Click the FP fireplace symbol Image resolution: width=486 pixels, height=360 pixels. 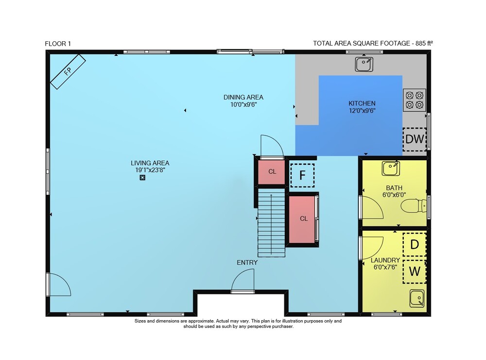pos(68,71)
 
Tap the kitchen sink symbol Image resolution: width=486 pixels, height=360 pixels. pos(364,65)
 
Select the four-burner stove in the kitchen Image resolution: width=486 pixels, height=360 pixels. pos(415,100)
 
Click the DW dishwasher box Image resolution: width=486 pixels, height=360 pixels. pos(415,139)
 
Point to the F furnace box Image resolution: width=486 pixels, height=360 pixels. pos(302,175)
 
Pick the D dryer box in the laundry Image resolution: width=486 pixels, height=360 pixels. pos(415,244)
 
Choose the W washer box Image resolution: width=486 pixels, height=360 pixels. pos(415,272)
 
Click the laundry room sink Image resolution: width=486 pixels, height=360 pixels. pos(417,298)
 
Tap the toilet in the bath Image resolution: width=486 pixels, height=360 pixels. pos(414,206)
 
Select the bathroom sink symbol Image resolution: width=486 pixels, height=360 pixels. pos(391,169)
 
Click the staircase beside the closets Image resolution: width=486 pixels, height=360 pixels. pos(271,223)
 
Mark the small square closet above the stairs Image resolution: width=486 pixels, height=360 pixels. pos(272,171)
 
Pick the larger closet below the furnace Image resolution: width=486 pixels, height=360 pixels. pos(302,219)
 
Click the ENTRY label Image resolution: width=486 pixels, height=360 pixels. pos(247,263)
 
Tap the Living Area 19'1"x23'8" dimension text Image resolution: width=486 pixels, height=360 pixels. pos(150,170)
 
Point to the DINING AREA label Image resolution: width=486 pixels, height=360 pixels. pos(243,97)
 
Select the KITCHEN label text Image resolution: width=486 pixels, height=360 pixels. pos(362,103)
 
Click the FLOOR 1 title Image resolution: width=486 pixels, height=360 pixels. pos(58,44)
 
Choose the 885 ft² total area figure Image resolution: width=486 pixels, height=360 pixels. pos(424,43)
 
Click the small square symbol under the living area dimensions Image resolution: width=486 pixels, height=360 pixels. pos(142,177)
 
